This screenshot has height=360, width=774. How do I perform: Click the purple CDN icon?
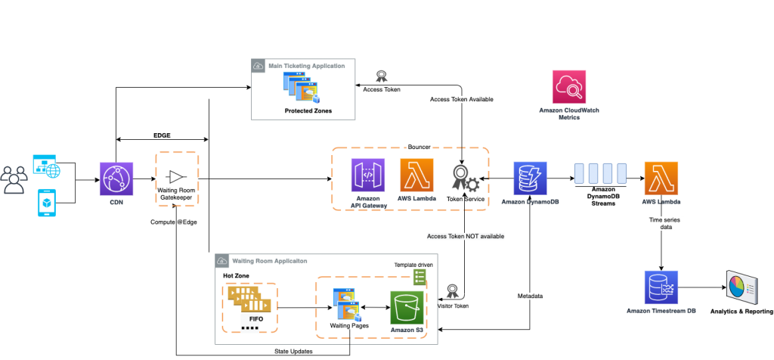tap(116, 179)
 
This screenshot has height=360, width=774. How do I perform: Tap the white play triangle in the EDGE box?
tap(175, 177)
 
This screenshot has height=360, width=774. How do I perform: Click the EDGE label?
tap(162, 135)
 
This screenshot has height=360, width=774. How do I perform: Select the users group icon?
tap(14, 179)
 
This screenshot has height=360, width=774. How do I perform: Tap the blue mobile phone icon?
tap(47, 203)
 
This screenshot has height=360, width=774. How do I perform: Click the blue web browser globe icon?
tap(46, 166)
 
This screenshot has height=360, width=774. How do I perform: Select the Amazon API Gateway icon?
tap(368, 175)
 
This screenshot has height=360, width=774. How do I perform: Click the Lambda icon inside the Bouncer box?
tap(416, 175)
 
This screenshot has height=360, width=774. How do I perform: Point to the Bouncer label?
tap(419, 147)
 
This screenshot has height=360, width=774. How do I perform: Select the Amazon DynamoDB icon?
tap(530, 178)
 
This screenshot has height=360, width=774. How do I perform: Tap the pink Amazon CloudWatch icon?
tap(569, 87)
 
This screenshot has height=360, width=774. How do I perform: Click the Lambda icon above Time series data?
tap(661, 178)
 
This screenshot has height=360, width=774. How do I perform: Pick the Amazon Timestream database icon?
tap(661, 287)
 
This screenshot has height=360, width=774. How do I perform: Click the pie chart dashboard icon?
tap(741, 287)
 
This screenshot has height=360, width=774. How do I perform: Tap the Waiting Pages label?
tap(349, 325)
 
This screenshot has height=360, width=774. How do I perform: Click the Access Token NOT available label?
tap(465, 236)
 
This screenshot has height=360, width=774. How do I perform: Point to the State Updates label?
tap(293, 352)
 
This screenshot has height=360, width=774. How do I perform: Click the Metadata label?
tap(530, 296)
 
